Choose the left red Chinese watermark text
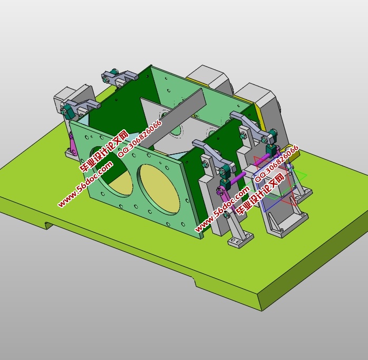point(103,151)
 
